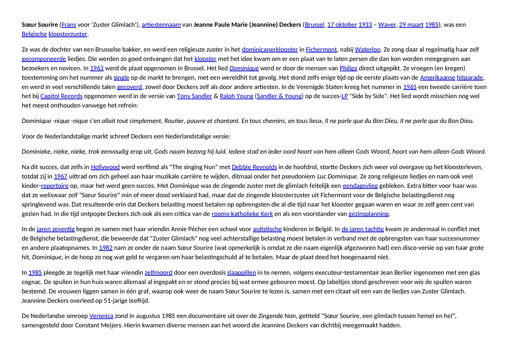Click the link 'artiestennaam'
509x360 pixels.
click(161, 25)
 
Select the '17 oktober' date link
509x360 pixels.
click(342, 25)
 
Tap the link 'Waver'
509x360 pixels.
click(387, 25)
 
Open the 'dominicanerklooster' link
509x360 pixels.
click(270, 49)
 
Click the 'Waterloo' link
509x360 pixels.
click(367, 49)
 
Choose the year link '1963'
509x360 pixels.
click(97, 68)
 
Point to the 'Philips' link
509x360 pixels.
click(348, 68)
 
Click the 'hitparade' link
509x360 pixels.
click(470, 78)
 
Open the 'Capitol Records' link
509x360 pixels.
click(61, 96)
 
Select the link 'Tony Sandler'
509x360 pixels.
click(194, 96)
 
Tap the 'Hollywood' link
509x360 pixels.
click(105, 167)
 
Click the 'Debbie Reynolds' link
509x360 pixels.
click(254, 167)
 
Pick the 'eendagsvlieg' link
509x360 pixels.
click(360, 186)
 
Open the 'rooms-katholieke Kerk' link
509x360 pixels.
click(242, 214)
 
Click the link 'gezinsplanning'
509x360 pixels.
click(369, 214)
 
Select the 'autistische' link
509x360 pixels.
click(267, 229)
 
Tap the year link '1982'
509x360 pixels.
click(106, 248)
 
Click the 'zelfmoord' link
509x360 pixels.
click(158, 272)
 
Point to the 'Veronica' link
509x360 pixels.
click(101, 316)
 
